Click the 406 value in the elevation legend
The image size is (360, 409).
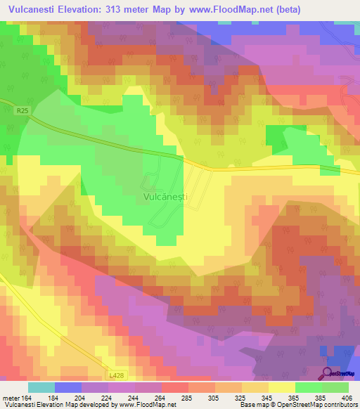click(x=346, y=398)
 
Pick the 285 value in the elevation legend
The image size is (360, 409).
click(x=186, y=398)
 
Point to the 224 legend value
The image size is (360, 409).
click(x=109, y=398)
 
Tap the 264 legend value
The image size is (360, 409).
click(x=160, y=398)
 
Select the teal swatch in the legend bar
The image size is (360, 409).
click(x=41, y=387)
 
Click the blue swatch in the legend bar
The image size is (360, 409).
click(x=68, y=387)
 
